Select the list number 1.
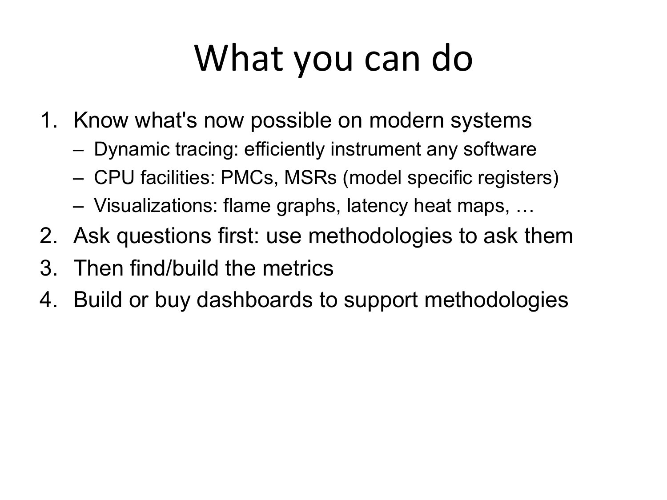pyautogui.click(x=48, y=120)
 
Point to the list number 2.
pyautogui.click(x=48, y=236)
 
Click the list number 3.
pyautogui.click(x=48, y=268)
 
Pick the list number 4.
pyautogui.click(x=48, y=300)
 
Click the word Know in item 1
pyautogui.click(x=101, y=120)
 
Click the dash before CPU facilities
pyautogui.click(x=78, y=179)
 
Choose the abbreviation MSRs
pyautogui.click(x=310, y=177)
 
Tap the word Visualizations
pyautogui.click(x=156, y=205)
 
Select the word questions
pyautogui.click(x=164, y=237)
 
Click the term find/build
pyautogui.click(x=174, y=268)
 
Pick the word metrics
pyautogui.click(x=298, y=268)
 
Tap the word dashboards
pyautogui.click(x=255, y=300)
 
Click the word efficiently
pyautogui.click(x=285, y=150)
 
